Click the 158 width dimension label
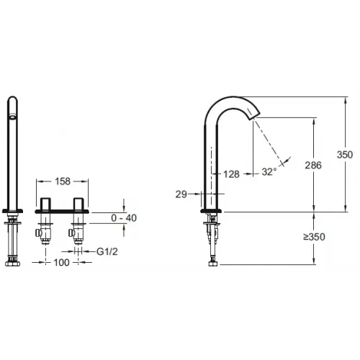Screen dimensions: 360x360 click(x=63, y=181)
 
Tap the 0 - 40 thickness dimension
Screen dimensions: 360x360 click(x=124, y=218)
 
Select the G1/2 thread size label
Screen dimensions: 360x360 click(x=107, y=252)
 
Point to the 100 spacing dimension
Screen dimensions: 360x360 click(x=61, y=262)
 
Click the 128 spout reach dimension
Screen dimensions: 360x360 click(x=231, y=174)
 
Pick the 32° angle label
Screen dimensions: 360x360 click(x=269, y=172)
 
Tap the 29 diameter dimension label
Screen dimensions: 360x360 click(x=181, y=194)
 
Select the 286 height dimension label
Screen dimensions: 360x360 click(x=313, y=165)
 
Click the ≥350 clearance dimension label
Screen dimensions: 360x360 click(x=314, y=237)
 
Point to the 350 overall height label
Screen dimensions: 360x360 click(x=345, y=155)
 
